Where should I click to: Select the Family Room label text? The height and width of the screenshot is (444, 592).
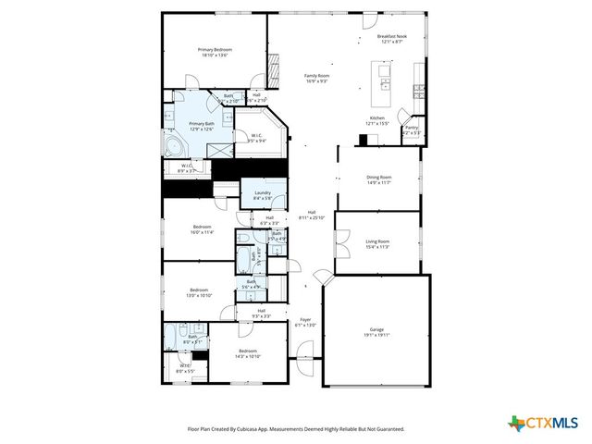click(317, 76)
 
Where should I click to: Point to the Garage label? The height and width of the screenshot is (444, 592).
click(376, 329)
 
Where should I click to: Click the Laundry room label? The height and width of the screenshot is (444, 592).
click(262, 192)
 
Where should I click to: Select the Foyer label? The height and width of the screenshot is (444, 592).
click(305, 320)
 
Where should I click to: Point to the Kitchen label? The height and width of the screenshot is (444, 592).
click(377, 117)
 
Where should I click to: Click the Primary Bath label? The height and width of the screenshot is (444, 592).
click(202, 124)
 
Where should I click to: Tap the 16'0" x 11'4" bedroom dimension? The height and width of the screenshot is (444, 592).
click(203, 233)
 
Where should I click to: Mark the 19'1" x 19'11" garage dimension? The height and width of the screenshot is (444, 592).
click(376, 335)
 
